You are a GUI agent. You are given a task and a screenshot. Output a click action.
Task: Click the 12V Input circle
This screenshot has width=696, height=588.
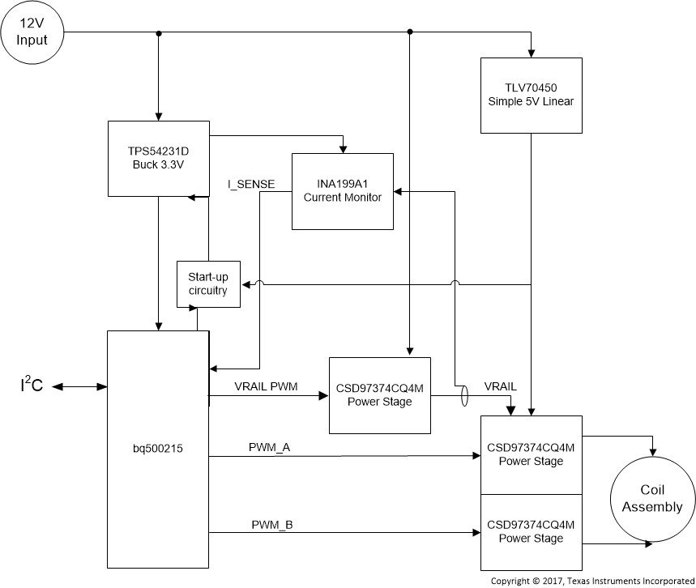pyautogui.click(x=32, y=32)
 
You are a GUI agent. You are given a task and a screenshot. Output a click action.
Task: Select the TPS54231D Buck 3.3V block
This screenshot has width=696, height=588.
pyautogui.click(x=158, y=159)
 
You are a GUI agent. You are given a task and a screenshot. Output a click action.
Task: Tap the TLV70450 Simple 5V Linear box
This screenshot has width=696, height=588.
pyautogui.click(x=531, y=95)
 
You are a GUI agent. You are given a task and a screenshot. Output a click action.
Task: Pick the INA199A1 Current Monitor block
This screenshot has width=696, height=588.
pyautogui.click(x=343, y=190)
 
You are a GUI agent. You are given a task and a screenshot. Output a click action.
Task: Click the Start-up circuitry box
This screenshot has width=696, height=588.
pyautogui.click(x=208, y=284)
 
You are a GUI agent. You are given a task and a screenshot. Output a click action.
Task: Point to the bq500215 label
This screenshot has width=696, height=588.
pyautogui.click(x=158, y=447)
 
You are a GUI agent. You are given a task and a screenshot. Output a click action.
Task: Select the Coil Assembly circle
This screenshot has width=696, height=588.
pyautogui.click(x=651, y=499)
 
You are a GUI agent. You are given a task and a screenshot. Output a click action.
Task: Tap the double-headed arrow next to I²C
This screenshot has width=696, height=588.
pyautogui.click(x=80, y=387)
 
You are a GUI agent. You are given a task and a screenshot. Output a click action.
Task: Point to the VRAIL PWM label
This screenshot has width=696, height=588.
pyautogui.click(x=266, y=387)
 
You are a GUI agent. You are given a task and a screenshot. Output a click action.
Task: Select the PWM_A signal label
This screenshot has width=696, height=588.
pyautogui.click(x=271, y=447)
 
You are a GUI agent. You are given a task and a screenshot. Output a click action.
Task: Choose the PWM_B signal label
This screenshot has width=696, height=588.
pyautogui.click(x=271, y=525)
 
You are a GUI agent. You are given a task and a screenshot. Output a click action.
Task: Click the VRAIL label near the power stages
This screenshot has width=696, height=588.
pyautogui.click(x=500, y=386)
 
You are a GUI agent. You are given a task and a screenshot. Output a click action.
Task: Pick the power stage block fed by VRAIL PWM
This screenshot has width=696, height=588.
pyautogui.click(x=379, y=395)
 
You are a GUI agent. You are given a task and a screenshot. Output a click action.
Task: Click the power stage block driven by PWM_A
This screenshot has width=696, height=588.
pyautogui.click(x=531, y=454)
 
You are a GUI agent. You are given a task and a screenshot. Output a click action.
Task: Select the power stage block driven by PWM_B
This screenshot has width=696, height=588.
pyautogui.click(x=531, y=532)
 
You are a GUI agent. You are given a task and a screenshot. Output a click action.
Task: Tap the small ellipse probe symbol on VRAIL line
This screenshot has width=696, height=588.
pyautogui.click(x=464, y=396)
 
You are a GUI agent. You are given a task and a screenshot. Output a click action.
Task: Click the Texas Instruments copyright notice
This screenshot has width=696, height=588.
pyautogui.click(x=592, y=581)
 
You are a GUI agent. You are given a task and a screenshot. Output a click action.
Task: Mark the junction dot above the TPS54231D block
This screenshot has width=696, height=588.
pyautogui.click(x=159, y=33)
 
